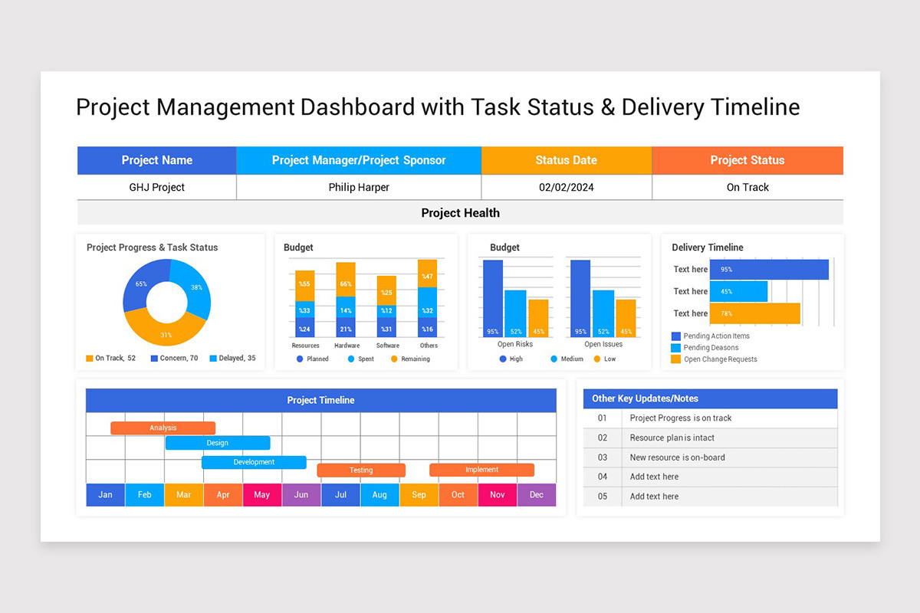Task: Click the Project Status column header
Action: (x=747, y=160)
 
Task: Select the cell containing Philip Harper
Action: (x=359, y=187)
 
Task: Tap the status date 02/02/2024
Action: (x=567, y=187)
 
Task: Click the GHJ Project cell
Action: (x=156, y=187)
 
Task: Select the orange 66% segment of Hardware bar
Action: (x=346, y=280)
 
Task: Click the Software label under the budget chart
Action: (x=387, y=346)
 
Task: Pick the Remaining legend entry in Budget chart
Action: (x=410, y=359)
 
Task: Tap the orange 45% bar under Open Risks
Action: (x=539, y=318)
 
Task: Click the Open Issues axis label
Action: (x=603, y=344)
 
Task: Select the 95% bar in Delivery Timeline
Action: (x=769, y=270)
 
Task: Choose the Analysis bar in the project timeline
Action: (x=163, y=428)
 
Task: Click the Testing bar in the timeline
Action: (x=361, y=470)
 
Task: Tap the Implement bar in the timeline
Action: (x=481, y=470)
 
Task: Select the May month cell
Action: (x=262, y=494)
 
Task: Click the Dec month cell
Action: (x=537, y=494)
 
